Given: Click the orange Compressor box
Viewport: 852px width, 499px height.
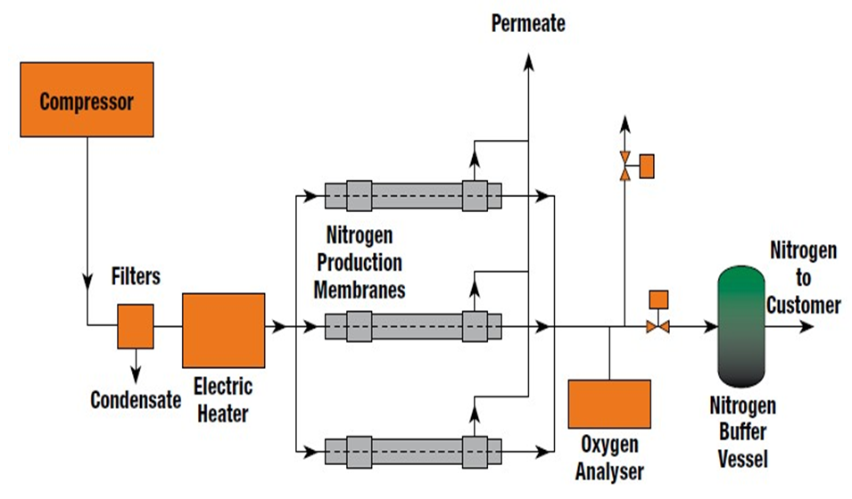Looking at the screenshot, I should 86,99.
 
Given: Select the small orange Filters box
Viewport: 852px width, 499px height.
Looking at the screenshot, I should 136,326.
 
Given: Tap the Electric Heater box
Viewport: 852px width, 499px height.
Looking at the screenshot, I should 223,330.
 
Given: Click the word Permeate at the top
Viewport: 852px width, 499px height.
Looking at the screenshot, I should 528,23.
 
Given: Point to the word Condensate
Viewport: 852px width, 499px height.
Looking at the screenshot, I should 136,400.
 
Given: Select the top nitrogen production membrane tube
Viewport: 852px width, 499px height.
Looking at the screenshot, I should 413,194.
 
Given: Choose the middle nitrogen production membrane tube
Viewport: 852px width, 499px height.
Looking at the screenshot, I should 413,326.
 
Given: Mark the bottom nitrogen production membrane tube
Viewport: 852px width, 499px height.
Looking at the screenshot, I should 413,450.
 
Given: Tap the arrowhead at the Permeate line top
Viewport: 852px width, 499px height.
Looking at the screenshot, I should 528,59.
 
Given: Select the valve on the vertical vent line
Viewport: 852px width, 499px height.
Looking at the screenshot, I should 625,167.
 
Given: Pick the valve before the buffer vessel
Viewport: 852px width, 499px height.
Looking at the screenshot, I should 658,327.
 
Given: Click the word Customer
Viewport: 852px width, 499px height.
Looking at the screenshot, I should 803,305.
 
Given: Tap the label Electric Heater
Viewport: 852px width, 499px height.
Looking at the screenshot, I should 223,400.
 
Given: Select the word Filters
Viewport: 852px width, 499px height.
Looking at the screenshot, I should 136,276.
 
